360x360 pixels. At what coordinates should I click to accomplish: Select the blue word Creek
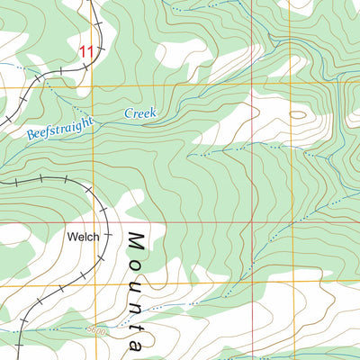pos(139,114)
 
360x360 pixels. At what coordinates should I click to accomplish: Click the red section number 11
pos(85,53)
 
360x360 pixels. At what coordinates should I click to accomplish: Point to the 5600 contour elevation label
pos(97,331)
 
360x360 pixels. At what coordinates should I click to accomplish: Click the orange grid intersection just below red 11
pos(89,86)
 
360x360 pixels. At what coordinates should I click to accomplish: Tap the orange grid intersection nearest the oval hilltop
pos(291,86)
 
